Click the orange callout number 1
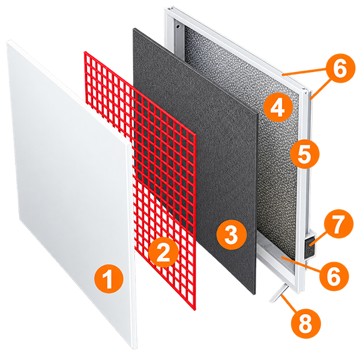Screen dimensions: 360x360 click(109, 278)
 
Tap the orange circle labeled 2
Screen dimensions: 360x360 click(163, 253)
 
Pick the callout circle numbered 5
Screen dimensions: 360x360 click(305, 154)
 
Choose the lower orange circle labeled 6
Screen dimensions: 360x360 click(334, 275)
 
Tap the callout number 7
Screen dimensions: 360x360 click(338, 224)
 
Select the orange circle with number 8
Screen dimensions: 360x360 click(305, 324)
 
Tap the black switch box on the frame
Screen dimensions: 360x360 click(311, 245)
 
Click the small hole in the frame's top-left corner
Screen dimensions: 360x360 click(178, 26)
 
